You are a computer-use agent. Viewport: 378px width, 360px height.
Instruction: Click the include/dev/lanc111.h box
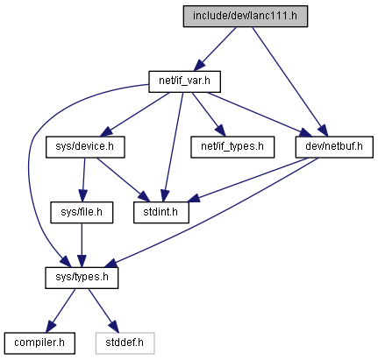coord(246,16)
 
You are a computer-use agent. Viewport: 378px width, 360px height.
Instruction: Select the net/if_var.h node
coord(184,81)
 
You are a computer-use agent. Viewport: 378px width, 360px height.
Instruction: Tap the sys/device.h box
coord(85,147)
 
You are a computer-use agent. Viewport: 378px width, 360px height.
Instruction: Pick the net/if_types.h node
coord(232,147)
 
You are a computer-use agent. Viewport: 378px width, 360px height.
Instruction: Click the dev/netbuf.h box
coord(334,147)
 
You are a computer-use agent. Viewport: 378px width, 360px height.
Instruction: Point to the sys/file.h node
coord(82,212)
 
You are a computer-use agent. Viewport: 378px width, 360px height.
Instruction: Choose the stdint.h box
coord(161,212)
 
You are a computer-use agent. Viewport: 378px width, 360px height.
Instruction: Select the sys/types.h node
coord(82,278)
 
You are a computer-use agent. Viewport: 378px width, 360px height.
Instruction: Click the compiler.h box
coord(39,343)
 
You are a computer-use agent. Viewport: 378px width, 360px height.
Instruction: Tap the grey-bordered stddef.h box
coord(125,343)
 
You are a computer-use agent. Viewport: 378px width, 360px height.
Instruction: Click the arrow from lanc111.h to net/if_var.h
coord(216,48)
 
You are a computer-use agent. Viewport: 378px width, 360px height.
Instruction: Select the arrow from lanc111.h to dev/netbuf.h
coord(290,81)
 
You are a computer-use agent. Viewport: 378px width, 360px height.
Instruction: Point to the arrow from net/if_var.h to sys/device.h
coord(135,115)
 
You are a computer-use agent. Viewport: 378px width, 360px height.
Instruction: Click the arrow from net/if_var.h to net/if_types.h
coord(209,114)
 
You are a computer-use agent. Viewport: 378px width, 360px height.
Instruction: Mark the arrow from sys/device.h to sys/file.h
coord(83,180)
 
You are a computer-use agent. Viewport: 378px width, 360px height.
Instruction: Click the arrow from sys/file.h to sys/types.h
coord(82,245)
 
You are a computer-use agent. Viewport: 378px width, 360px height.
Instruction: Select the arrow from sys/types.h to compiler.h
coord(61,310)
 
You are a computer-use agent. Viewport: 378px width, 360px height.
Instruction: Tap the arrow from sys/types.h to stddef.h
coord(103,310)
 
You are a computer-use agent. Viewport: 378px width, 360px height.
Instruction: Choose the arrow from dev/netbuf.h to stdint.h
coord(247,180)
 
